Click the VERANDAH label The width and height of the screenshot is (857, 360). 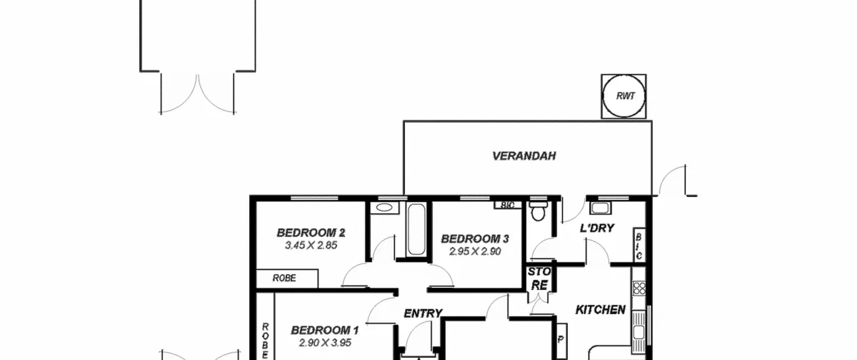pyautogui.click(x=524, y=156)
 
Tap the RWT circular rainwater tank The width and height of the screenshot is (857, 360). pyautogui.click(x=624, y=96)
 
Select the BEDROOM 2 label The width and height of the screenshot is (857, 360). pyautogui.click(x=311, y=233)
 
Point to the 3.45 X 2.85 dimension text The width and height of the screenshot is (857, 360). pyautogui.click(x=311, y=245)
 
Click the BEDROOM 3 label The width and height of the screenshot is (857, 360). pyautogui.click(x=475, y=239)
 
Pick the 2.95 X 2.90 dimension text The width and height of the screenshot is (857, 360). pyautogui.click(x=475, y=251)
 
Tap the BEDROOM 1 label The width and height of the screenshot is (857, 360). pyautogui.click(x=325, y=331)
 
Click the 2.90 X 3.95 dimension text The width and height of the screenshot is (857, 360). pyautogui.click(x=325, y=343)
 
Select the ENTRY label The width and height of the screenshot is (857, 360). pyautogui.click(x=423, y=313)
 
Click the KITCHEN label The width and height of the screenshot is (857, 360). pyautogui.click(x=601, y=310)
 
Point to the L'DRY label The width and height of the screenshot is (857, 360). pyautogui.click(x=597, y=228)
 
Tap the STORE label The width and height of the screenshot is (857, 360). pyautogui.click(x=539, y=278)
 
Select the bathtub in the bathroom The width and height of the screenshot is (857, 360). pyautogui.click(x=416, y=229)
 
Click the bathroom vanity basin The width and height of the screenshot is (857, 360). pyautogui.click(x=384, y=208)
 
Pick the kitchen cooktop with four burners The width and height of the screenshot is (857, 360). pyautogui.click(x=639, y=288)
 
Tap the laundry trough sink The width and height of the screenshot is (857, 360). pyautogui.click(x=600, y=208)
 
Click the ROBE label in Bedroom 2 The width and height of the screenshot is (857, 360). pyautogui.click(x=284, y=278)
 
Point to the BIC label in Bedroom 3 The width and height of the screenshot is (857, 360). pyautogui.click(x=508, y=205)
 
